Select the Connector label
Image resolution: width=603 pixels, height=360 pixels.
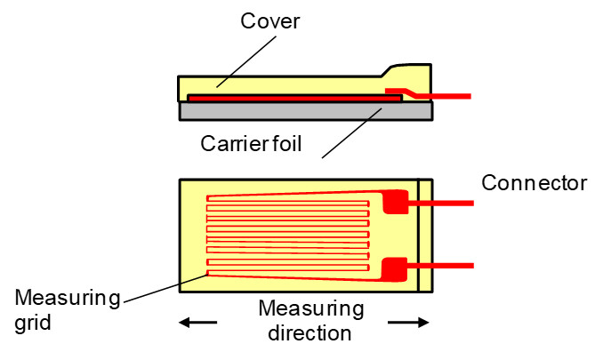tap(534, 183)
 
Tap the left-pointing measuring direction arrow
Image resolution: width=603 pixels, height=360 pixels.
tap(197, 322)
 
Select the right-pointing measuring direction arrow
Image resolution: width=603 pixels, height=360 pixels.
tap(408, 322)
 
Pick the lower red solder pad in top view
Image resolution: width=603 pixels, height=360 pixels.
tap(395, 267)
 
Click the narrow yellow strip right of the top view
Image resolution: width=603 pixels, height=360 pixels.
tap(425, 235)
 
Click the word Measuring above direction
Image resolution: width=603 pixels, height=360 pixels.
tap(311, 310)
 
